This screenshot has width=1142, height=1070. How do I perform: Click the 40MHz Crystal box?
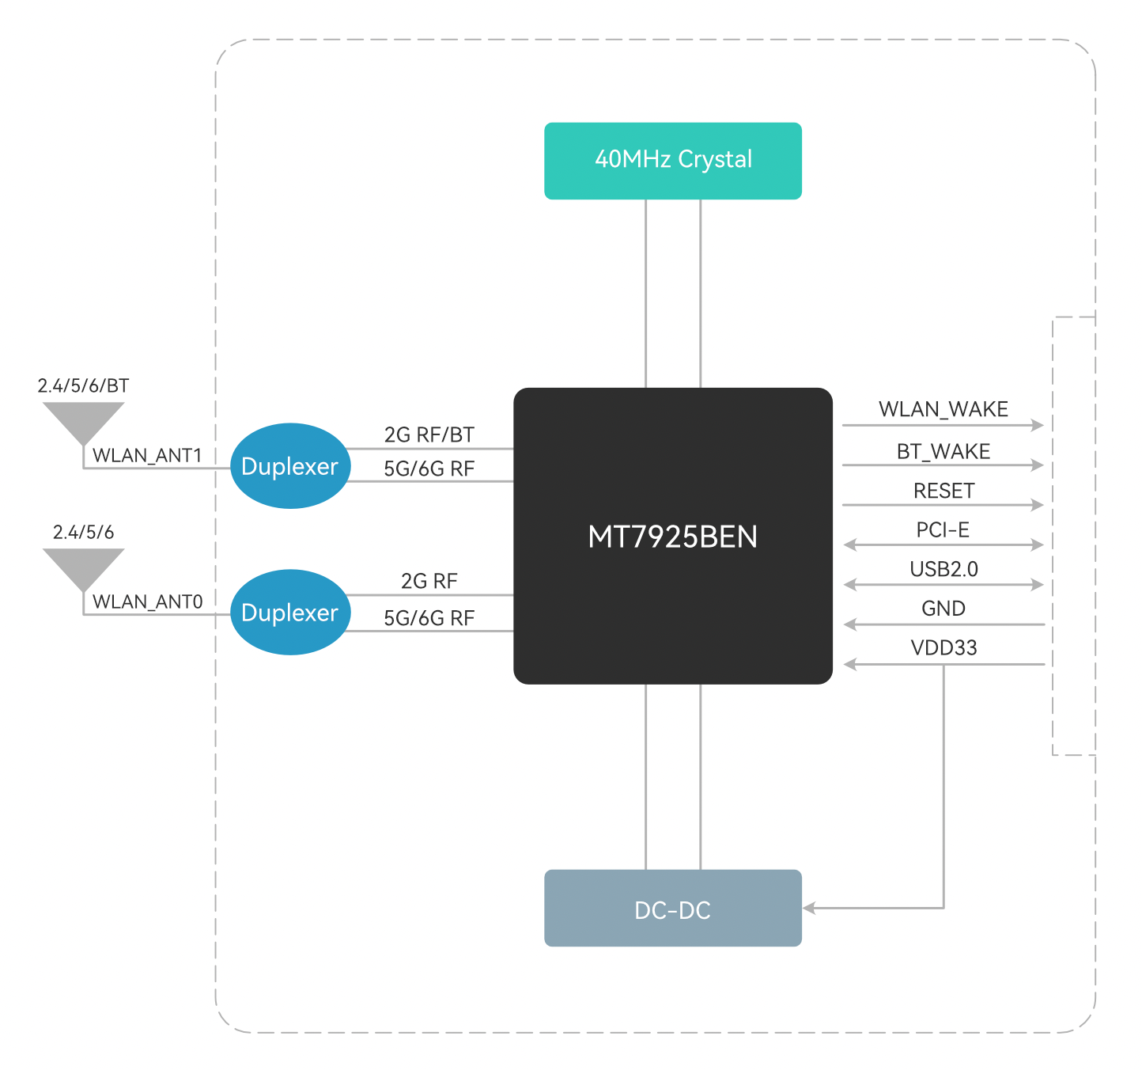click(x=673, y=161)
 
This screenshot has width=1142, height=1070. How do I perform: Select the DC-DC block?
click(x=673, y=909)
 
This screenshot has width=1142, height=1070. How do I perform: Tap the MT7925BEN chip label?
click(x=673, y=537)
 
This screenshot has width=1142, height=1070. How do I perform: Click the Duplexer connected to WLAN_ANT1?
click(x=290, y=466)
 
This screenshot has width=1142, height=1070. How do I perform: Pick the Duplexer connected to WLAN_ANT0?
click(x=290, y=613)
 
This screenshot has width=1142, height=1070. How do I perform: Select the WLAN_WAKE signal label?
click(x=943, y=409)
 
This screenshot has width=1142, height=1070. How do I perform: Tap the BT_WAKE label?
click(x=943, y=451)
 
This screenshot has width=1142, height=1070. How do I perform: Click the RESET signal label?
click(x=943, y=491)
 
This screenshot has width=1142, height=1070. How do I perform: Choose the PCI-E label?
click(x=943, y=530)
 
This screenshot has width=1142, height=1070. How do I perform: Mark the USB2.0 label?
click(x=943, y=569)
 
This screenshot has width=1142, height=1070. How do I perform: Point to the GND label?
click(x=943, y=609)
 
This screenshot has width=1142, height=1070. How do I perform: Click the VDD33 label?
click(x=943, y=648)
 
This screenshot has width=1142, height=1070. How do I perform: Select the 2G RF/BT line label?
click(x=429, y=434)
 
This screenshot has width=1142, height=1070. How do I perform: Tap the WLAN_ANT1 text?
click(x=147, y=455)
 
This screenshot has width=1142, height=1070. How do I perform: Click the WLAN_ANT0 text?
click(x=147, y=601)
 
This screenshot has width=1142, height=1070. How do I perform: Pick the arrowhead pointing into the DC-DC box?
click(x=809, y=908)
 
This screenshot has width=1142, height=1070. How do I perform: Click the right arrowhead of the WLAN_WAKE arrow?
click(x=1038, y=425)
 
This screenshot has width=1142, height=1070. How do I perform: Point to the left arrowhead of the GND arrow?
click(x=850, y=624)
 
